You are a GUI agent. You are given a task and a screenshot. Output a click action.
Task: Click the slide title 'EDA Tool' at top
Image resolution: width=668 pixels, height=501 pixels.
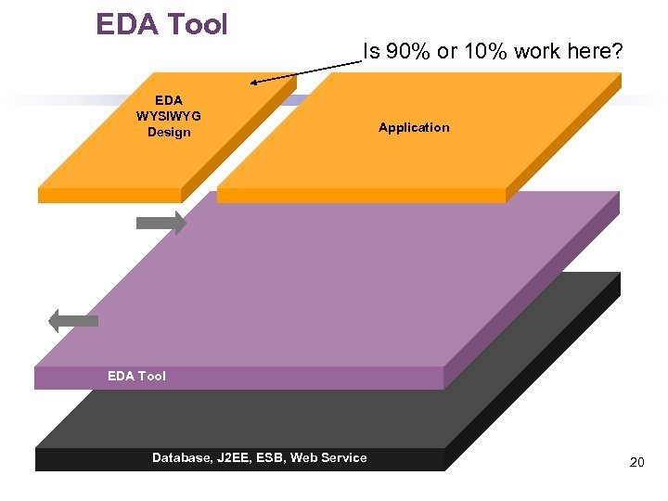161,24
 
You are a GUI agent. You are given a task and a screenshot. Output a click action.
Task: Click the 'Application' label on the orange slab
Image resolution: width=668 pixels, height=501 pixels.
414,128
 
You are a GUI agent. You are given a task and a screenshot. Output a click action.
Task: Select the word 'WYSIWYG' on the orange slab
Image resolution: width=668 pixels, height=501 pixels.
169,116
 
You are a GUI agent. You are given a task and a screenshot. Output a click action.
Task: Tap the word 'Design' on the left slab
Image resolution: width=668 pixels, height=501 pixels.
169,133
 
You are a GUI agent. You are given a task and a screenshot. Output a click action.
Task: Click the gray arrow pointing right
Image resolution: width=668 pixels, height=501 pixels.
161,223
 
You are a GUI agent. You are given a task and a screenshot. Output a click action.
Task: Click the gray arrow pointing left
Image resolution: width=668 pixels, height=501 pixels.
72,321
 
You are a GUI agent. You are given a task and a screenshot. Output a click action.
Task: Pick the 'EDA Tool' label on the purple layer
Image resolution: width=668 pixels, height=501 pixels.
136,376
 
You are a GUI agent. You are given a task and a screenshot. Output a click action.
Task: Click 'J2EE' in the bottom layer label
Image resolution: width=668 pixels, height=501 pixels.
237,457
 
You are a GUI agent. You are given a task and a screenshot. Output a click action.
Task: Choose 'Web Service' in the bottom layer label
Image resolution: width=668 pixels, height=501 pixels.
329,457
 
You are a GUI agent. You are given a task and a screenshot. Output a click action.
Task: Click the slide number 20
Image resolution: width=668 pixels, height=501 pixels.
636,462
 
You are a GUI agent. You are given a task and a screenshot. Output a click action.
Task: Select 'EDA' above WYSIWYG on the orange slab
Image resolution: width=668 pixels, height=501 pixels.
169,100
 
